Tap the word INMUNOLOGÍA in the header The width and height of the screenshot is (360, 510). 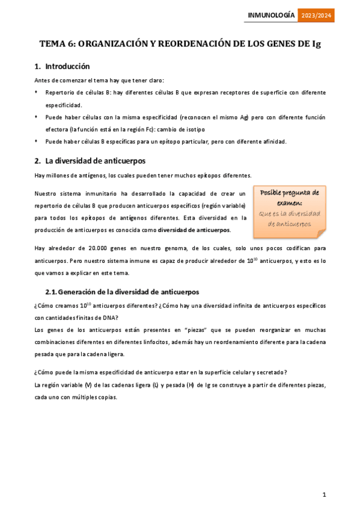click(x=271, y=15)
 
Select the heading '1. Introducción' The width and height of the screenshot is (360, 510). click(x=62, y=67)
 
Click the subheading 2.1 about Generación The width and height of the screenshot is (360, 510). click(x=122, y=292)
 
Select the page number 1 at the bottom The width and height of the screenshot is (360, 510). click(x=324, y=494)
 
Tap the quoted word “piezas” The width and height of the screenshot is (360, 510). click(x=180, y=330)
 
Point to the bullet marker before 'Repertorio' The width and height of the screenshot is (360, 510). click(x=37, y=93)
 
